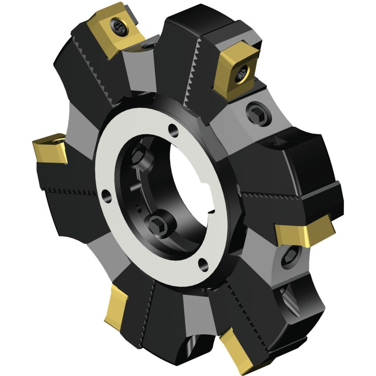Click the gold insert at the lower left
point(116,304)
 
